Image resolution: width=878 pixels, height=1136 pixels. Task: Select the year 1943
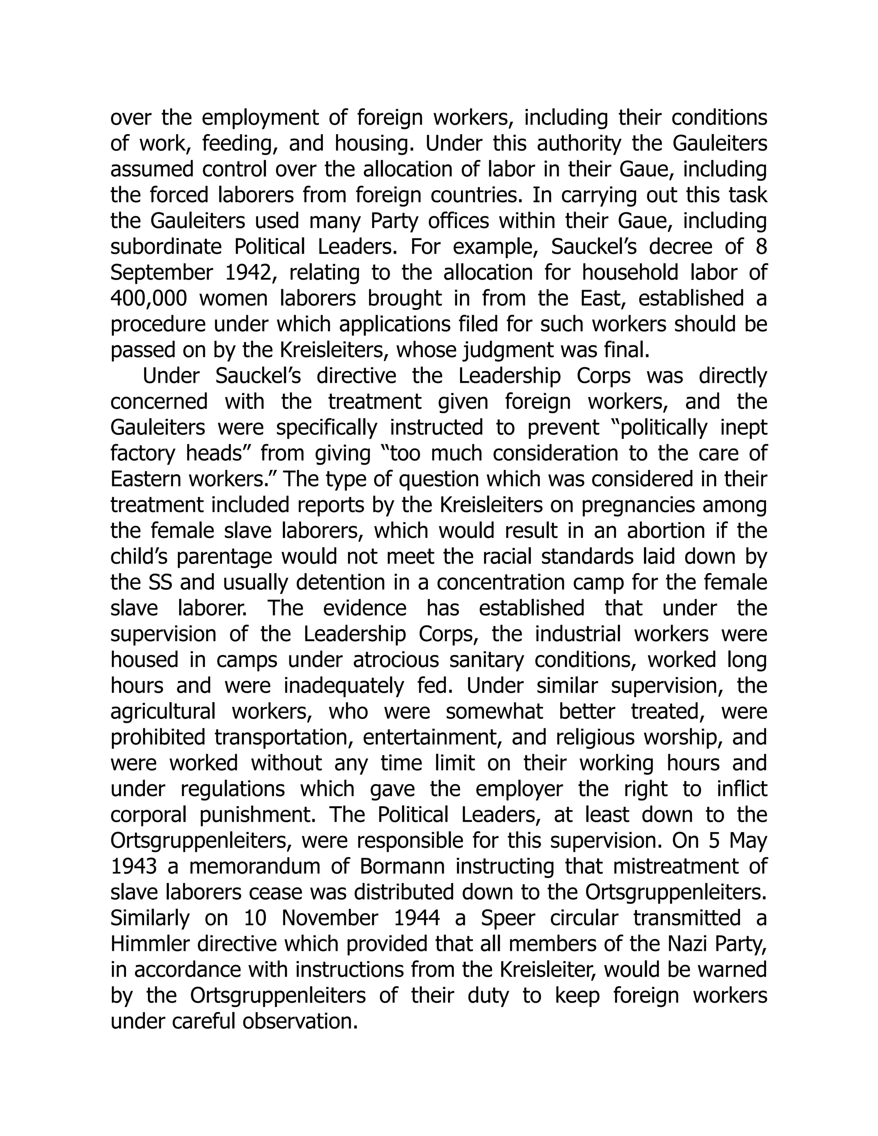(133, 866)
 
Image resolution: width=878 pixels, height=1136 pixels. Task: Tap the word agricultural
(163, 712)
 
